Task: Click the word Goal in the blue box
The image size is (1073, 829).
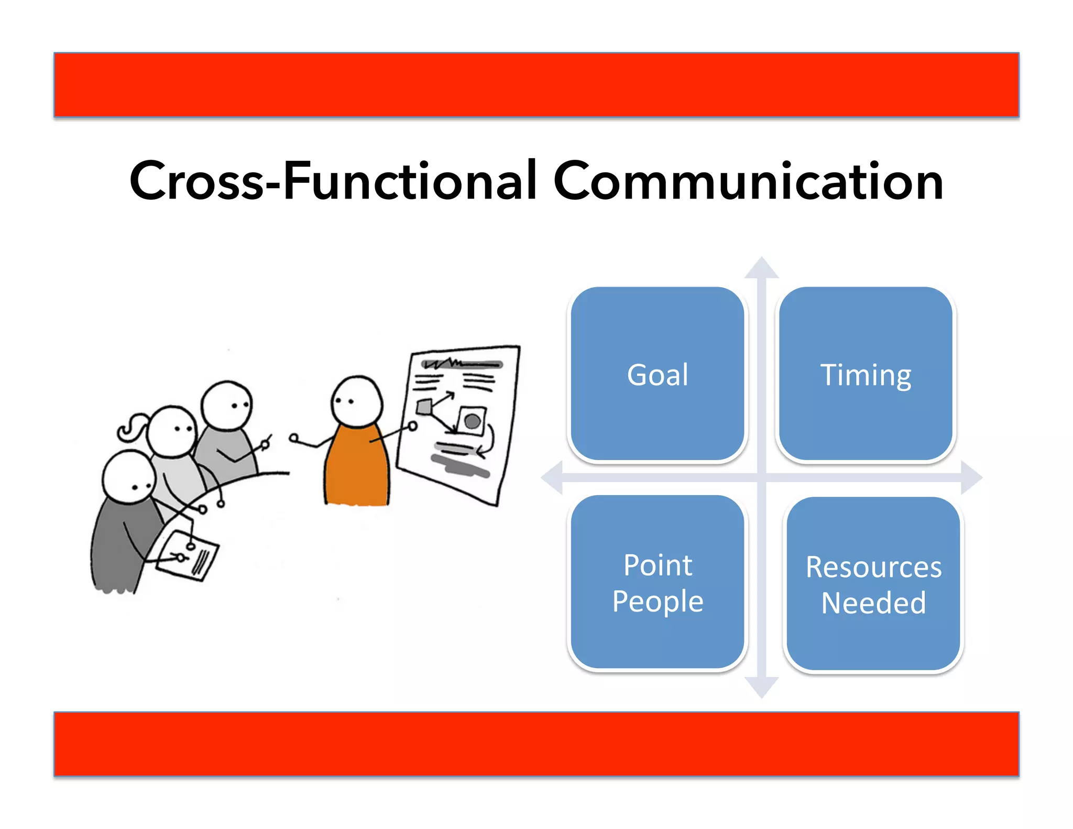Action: coord(658,375)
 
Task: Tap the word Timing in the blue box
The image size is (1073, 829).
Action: coord(866,375)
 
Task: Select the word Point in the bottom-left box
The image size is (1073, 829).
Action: coord(658,565)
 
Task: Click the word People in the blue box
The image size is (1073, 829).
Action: coord(658,601)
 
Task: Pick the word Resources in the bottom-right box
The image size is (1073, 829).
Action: coord(873,567)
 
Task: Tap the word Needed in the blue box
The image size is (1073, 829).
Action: coord(873,603)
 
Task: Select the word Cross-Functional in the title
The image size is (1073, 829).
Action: coord(333,181)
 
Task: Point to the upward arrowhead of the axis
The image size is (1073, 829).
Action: coord(762,268)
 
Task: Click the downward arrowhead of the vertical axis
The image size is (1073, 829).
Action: coord(762,687)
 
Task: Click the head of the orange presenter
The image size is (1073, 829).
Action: coord(357,402)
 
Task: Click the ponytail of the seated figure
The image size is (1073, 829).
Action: coord(131,427)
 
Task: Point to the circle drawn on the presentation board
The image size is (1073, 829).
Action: coord(473,421)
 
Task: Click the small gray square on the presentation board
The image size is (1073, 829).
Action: coord(424,407)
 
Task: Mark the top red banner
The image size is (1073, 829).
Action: coord(536,84)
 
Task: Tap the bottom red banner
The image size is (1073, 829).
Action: coord(536,744)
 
